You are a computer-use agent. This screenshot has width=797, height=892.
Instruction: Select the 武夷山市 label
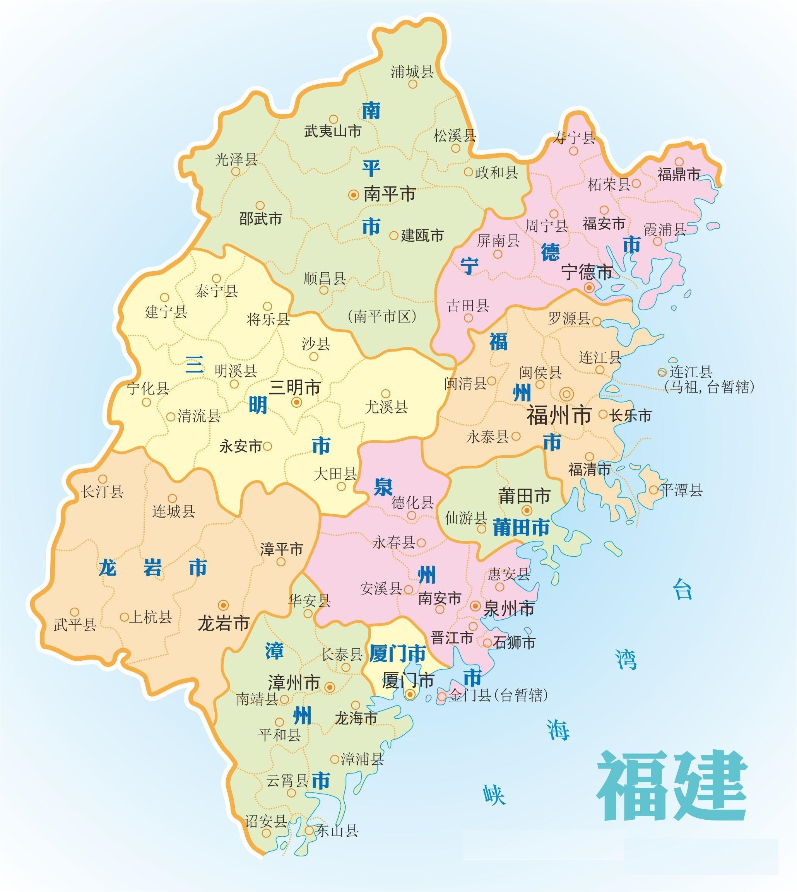[x=333, y=131]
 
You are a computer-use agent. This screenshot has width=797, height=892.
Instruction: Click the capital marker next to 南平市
[x=353, y=195]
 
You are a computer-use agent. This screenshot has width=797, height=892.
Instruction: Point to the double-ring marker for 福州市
[x=567, y=394]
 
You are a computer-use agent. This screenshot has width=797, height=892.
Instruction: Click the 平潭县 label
[x=681, y=490]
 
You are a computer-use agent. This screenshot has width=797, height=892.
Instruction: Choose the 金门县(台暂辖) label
[x=498, y=695]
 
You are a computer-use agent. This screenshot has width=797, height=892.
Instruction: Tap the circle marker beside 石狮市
[x=487, y=643]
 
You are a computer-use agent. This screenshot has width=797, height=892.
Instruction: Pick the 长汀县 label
[x=102, y=492]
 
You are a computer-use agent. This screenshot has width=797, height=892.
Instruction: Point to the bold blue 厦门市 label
[x=397, y=654]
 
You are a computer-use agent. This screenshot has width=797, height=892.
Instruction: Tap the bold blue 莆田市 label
[x=521, y=528]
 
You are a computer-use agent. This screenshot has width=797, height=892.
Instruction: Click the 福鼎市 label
[x=678, y=175]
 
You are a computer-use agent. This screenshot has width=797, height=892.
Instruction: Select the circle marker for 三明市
[x=296, y=402]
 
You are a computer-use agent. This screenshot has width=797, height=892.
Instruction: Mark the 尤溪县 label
[x=386, y=407]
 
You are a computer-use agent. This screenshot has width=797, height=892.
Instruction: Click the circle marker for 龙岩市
[x=223, y=605]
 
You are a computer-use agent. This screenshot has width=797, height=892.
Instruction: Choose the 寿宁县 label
[x=574, y=137]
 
